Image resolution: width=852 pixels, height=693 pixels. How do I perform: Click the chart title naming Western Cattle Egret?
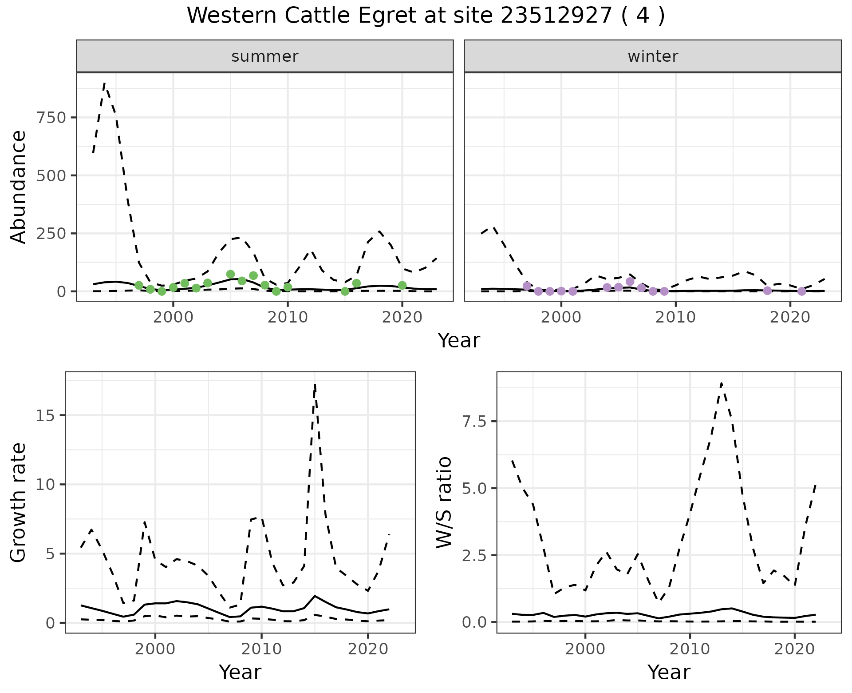(426, 16)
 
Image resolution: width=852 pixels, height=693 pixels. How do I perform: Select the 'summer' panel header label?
(264, 56)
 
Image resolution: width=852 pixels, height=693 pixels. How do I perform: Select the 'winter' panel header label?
(652, 56)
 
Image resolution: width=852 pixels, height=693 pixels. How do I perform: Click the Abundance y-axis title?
(19, 187)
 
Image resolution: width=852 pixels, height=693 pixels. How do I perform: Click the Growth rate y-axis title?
(19, 502)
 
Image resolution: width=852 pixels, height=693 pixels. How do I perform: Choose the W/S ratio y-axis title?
(444, 502)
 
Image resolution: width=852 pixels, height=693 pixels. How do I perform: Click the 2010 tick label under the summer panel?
(288, 318)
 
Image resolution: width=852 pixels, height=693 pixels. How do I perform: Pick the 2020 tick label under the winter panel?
(790, 318)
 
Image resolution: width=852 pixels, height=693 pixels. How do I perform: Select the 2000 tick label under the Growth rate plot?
(155, 649)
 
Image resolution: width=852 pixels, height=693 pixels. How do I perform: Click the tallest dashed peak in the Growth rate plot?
(315, 385)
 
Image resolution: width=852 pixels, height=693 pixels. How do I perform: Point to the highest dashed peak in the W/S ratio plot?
(722, 383)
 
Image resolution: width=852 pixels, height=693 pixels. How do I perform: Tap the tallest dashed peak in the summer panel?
(104, 83)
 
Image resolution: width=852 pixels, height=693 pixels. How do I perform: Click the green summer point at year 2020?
(402, 285)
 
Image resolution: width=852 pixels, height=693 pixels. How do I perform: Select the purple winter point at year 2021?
(801, 291)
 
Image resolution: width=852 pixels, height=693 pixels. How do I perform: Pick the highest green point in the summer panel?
(230, 274)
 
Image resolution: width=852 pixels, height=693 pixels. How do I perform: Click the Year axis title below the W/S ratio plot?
(669, 672)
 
